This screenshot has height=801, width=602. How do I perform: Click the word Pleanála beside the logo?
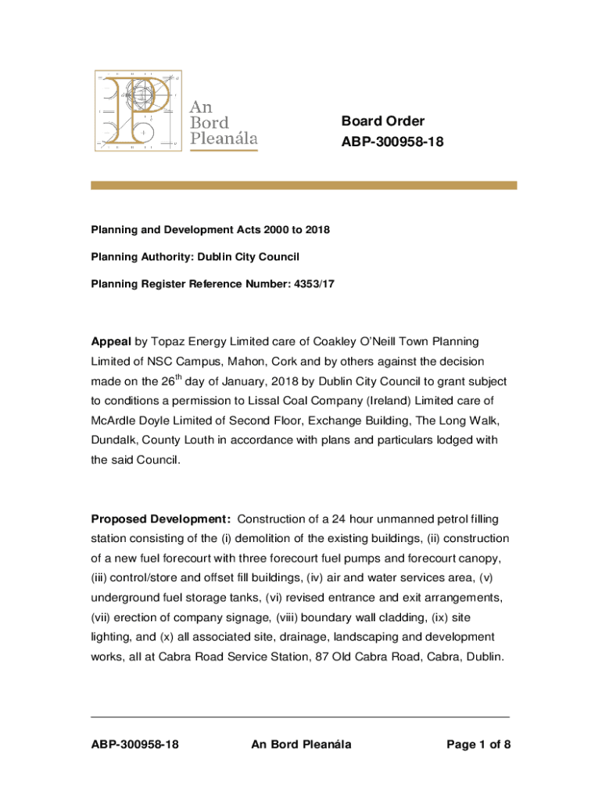click(x=224, y=139)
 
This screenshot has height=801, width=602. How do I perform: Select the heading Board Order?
click(x=383, y=121)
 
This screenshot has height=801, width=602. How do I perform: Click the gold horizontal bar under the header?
click(x=304, y=185)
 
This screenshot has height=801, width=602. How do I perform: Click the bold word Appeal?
click(x=111, y=342)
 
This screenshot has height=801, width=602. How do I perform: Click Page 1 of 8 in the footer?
click(x=478, y=745)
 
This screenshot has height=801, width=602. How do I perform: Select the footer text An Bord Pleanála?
click(x=301, y=745)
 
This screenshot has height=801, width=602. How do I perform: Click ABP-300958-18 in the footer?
click(x=134, y=745)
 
